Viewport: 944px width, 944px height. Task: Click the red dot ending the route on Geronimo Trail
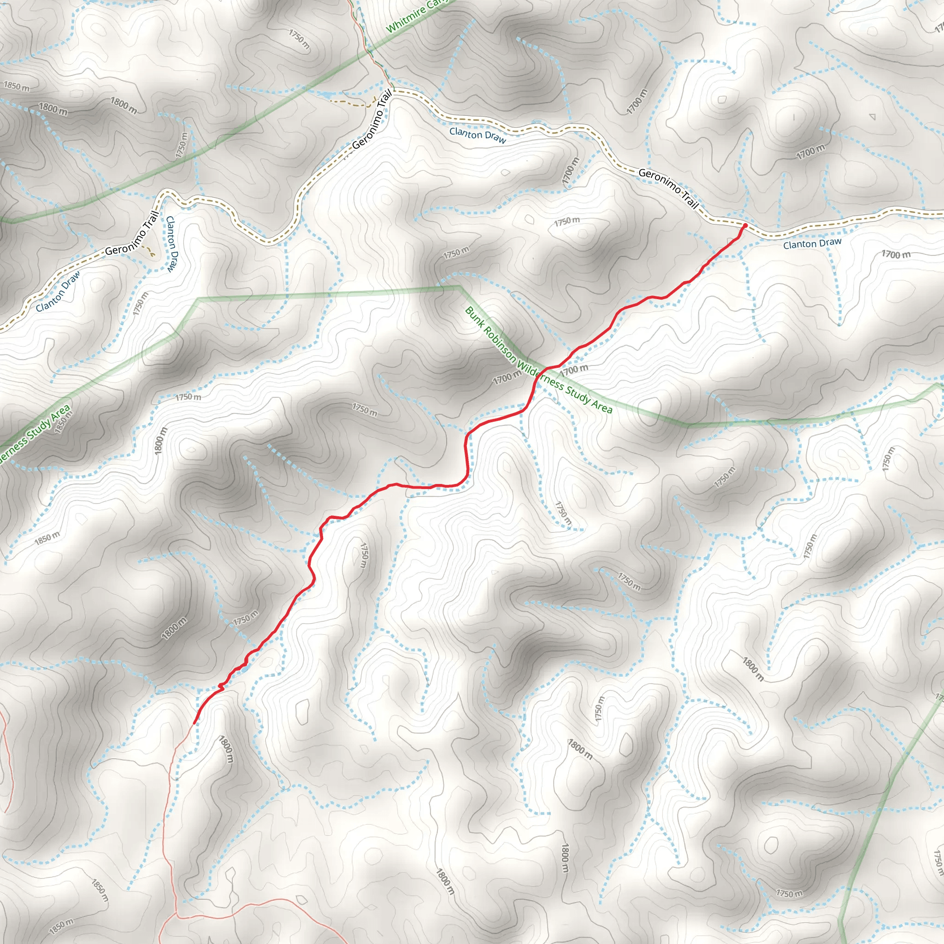[745, 225]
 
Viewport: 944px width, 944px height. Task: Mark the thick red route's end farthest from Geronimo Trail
[195, 723]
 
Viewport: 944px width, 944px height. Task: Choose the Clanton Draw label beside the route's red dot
[812, 243]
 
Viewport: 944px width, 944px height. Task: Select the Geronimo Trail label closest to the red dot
[668, 188]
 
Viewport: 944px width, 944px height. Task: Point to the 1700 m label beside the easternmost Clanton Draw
[896, 254]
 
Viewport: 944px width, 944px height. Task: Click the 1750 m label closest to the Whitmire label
[299, 39]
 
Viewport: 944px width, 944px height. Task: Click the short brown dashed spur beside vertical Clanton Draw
[149, 250]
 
